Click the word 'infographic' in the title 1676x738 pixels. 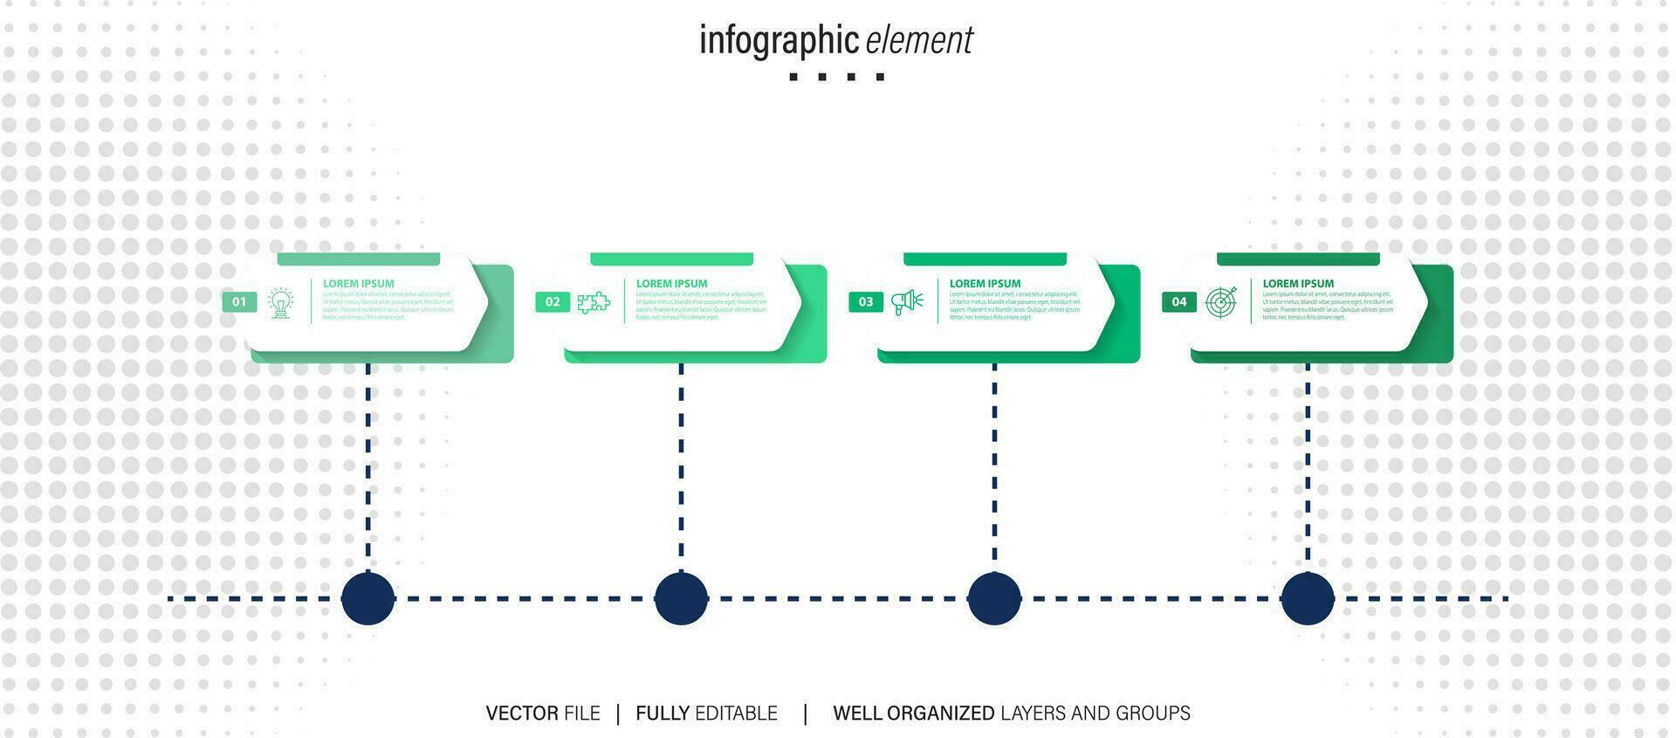pyautogui.click(x=779, y=40)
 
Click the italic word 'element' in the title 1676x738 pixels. pyautogui.click(x=919, y=40)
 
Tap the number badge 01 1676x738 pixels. pyautogui.click(x=239, y=302)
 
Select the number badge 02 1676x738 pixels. pyautogui.click(x=553, y=302)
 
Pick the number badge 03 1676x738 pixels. pyautogui.click(x=866, y=302)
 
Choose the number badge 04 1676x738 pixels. pyautogui.click(x=1179, y=302)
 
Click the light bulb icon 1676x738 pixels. pyautogui.click(x=280, y=303)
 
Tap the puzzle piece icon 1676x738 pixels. pyautogui.click(x=594, y=303)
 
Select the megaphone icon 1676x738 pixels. pyautogui.click(x=907, y=302)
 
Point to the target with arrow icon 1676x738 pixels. pyautogui.click(x=1221, y=302)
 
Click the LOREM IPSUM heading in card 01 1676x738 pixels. pyautogui.click(x=358, y=284)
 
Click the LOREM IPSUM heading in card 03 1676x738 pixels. pyautogui.click(x=985, y=284)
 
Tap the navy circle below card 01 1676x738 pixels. pyautogui.click(x=368, y=598)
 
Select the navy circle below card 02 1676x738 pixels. pyautogui.click(x=681, y=598)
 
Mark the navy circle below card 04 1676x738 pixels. pyautogui.click(x=1308, y=598)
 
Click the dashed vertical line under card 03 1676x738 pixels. pyautogui.click(x=994, y=463)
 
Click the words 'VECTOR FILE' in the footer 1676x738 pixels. pyautogui.click(x=543, y=714)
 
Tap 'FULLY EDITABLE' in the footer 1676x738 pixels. pyautogui.click(x=706, y=714)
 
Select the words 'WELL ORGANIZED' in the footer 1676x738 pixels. pyautogui.click(x=913, y=714)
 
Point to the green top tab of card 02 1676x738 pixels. pyautogui.click(x=671, y=259)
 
